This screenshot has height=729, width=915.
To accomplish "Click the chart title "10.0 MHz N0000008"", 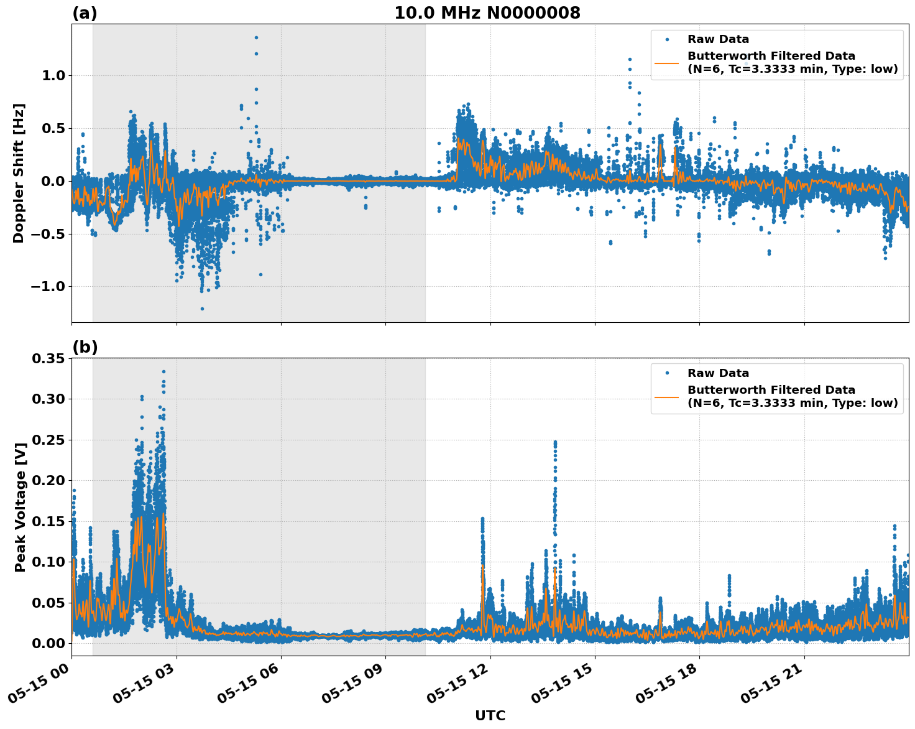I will click(x=487, y=13).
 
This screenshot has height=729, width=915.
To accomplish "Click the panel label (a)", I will click(x=85, y=13).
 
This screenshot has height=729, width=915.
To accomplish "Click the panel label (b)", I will click(x=85, y=347).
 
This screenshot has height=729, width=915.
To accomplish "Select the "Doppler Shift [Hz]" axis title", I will click(x=19, y=173).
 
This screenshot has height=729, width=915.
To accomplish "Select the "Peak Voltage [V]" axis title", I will click(x=21, y=507).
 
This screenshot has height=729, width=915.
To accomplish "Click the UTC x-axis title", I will click(x=490, y=715).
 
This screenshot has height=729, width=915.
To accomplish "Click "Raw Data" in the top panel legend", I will click(x=718, y=40).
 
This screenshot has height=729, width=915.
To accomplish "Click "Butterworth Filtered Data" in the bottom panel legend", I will click(x=771, y=390).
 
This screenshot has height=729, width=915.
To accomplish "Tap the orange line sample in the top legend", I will click(x=666, y=62).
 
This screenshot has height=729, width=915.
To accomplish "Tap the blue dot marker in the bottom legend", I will click(x=666, y=373).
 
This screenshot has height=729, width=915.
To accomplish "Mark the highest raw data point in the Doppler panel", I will click(x=256, y=37).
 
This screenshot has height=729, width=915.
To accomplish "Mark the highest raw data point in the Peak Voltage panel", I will click(x=163, y=371).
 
